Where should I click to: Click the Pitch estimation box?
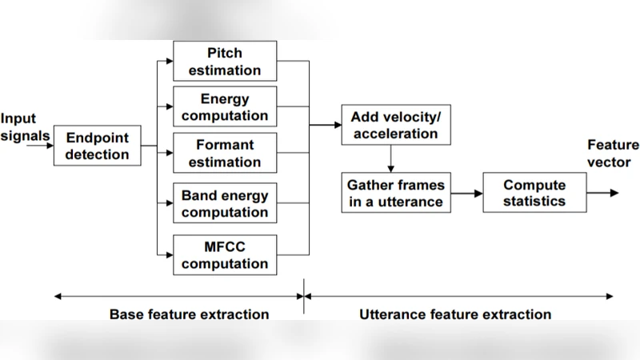click(225, 62)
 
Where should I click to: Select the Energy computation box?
click(225, 107)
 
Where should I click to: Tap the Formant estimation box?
click(225, 154)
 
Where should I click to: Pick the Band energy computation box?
click(225, 203)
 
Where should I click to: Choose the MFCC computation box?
click(225, 255)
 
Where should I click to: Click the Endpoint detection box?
click(97, 146)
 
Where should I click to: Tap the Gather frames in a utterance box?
click(395, 193)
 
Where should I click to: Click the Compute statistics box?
click(534, 193)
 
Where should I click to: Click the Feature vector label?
click(613, 154)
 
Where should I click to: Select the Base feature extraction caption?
click(189, 314)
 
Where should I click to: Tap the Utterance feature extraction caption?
click(455, 314)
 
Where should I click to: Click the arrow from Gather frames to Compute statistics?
click(466, 193)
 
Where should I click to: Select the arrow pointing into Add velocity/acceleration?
click(325, 125)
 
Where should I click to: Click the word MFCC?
click(224, 246)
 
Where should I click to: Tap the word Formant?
click(225, 145)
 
